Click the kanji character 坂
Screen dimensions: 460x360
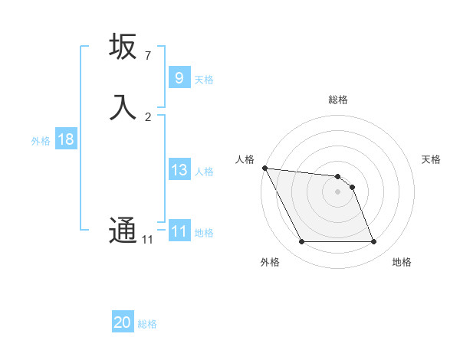tap(123, 47)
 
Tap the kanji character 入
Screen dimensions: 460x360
tap(123, 107)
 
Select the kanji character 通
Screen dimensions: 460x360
tap(123, 230)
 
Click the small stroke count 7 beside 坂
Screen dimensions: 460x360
tap(148, 55)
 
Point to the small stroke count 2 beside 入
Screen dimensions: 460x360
tap(148, 116)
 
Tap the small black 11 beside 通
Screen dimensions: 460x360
tap(148, 240)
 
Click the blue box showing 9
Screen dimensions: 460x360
tap(179, 78)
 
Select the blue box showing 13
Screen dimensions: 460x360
tap(179, 170)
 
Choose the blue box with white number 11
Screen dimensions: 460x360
tap(179, 231)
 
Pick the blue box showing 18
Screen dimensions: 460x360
tap(66, 139)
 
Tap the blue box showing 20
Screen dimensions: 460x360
tap(123, 322)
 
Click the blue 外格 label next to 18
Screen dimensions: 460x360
tap(41, 140)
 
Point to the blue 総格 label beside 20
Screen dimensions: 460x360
tap(147, 324)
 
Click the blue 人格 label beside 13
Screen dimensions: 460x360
tap(204, 171)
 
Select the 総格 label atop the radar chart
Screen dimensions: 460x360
tap(337, 100)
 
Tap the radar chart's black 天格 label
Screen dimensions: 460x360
tap(431, 159)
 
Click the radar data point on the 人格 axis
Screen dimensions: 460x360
tap(264, 168)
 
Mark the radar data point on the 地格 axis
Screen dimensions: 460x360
tap(373, 242)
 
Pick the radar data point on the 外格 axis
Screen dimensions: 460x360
tap(301, 242)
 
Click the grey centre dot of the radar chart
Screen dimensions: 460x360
tap(337, 191)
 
